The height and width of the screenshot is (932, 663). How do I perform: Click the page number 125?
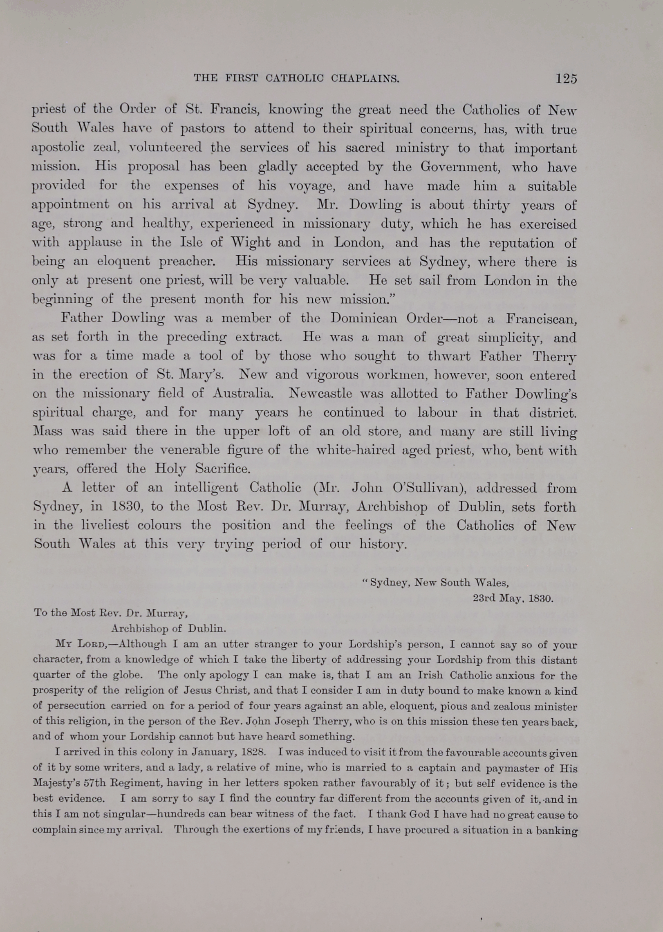tap(566, 78)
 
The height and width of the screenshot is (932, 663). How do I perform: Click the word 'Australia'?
tap(243, 393)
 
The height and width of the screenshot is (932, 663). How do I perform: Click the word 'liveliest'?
tap(95, 525)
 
